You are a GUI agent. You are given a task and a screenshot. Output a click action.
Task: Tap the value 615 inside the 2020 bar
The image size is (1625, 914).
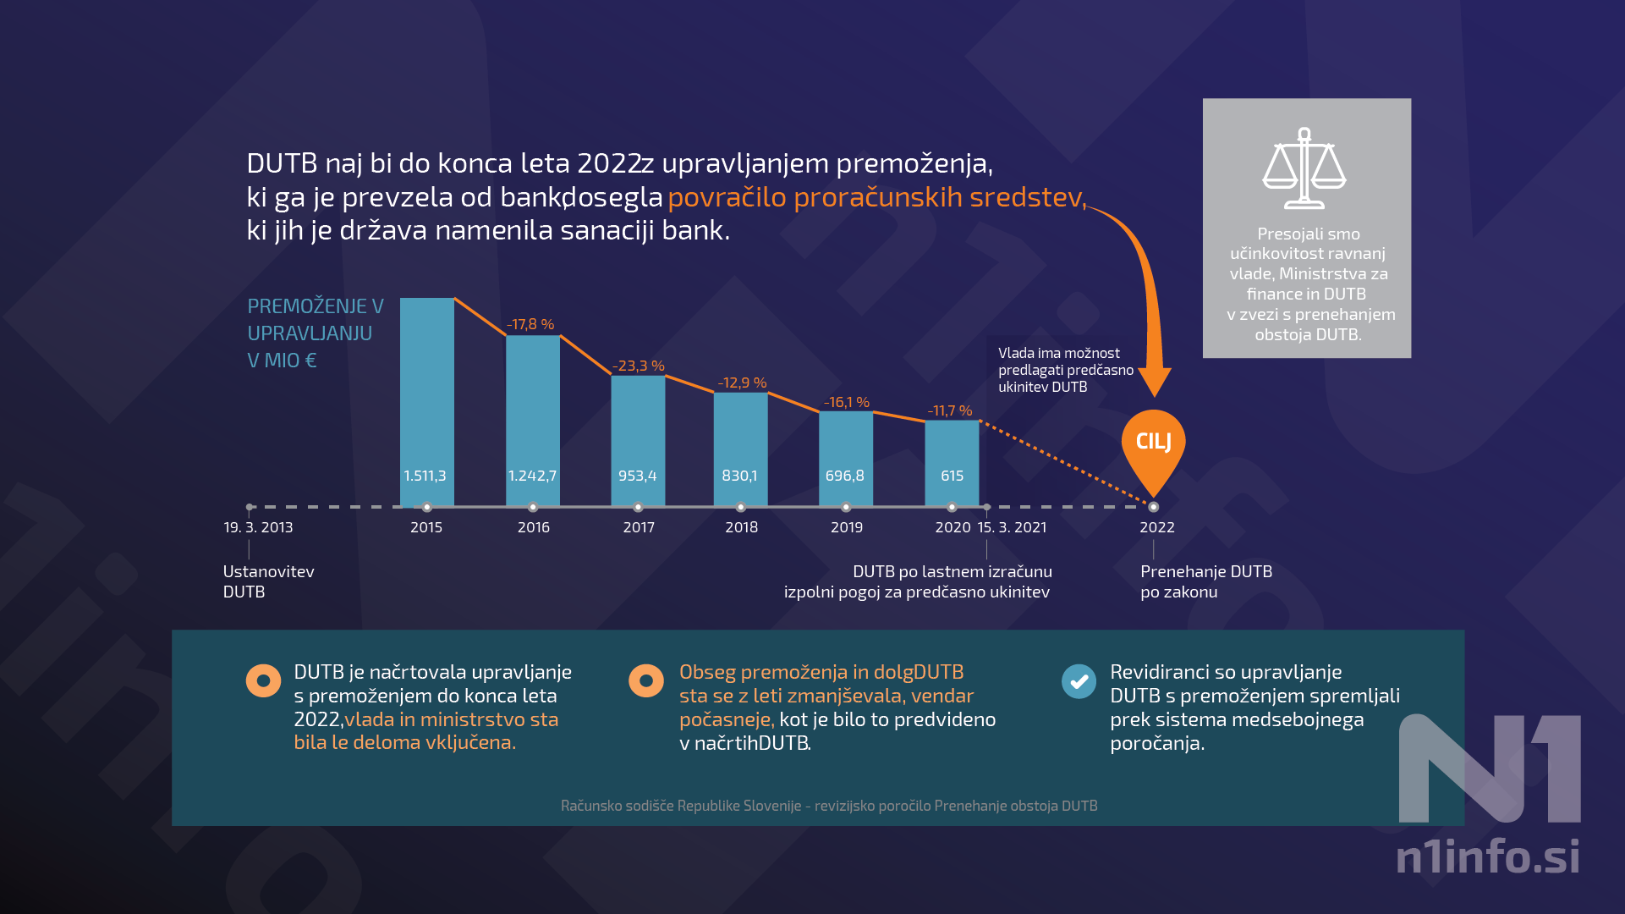pyautogui.click(x=952, y=476)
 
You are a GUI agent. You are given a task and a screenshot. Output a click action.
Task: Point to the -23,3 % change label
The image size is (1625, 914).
pyautogui.click(x=639, y=366)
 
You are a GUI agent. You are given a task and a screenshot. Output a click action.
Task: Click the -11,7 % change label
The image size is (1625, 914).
pyautogui.click(x=950, y=410)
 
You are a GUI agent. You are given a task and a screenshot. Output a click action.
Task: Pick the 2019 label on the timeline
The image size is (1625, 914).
pyautogui.click(x=846, y=527)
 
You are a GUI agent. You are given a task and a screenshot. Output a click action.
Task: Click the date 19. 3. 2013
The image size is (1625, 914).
pyautogui.click(x=258, y=527)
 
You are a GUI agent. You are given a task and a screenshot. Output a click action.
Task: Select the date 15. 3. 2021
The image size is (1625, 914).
pyautogui.click(x=1012, y=527)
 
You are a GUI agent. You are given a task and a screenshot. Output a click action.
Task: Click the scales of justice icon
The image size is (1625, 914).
pyautogui.click(x=1304, y=168)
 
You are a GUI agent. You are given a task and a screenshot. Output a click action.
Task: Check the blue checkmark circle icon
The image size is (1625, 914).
pyautogui.click(x=1079, y=680)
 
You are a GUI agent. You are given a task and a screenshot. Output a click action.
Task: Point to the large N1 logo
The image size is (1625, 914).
pyautogui.click(x=1489, y=768)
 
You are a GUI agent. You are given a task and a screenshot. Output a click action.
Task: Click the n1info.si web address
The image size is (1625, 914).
pyautogui.click(x=1487, y=856)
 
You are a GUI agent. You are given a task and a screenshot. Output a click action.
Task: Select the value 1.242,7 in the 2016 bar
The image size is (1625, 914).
pyautogui.click(x=532, y=476)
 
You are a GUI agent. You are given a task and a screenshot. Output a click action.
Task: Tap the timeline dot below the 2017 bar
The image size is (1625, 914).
pyautogui.click(x=638, y=507)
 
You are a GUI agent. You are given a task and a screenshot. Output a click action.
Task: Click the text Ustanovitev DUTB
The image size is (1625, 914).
pyautogui.click(x=268, y=581)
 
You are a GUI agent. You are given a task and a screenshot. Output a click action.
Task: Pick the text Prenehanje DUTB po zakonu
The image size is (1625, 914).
pyautogui.click(x=1205, y=581)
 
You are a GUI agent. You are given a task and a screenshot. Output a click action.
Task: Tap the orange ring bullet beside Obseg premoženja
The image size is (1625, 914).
pyautogui.click(x=646, y=680)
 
